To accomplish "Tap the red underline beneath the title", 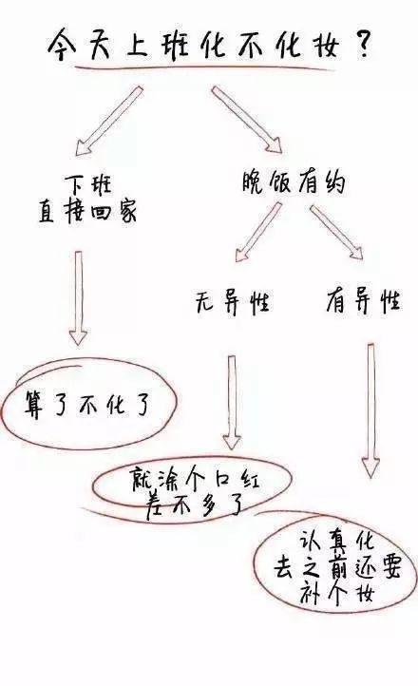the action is pos(204,67).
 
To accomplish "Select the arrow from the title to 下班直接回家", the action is pos(109,121).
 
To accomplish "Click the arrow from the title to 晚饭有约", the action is pos(247,119).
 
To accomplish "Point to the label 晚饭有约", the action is pos(294,181).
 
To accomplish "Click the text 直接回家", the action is pos(87,211).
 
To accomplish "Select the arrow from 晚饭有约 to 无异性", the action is pos(258,232).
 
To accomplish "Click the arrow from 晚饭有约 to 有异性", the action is pos(336,233).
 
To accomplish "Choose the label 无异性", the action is pos(232,301).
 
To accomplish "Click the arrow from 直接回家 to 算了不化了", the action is pos(78,298).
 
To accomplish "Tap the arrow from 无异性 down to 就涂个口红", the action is pos(232,403).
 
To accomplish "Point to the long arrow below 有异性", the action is pos(370,410).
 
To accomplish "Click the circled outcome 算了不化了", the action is pos(87,405).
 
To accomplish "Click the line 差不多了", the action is pos(195,505).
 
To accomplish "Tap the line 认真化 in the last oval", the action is pos(336,541).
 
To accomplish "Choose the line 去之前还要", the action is pos(336,567).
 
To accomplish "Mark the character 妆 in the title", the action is pos(328,44).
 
